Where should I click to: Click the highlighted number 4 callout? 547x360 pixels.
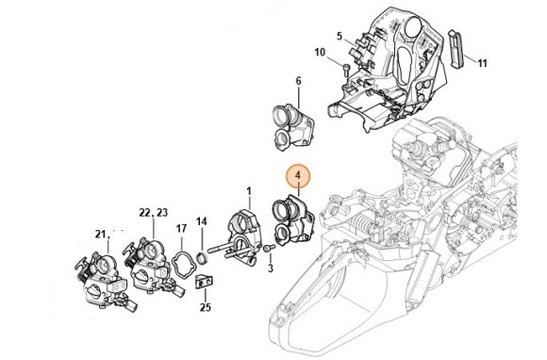pyautogui.click(x=298, y=176)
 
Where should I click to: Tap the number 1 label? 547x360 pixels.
pyautogui.click(x=249, y=191)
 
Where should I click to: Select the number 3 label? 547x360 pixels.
pyautogui.click(x=271, y=269)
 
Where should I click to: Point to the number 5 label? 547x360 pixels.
pyautogui.click(x=340, y=36)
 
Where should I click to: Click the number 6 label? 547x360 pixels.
pyautogui.click(x=298, y=81)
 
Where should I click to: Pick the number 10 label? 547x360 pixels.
pyautogui.click(x=320, y=53)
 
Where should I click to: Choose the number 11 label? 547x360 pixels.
pyautogui.click(x=482, y=63)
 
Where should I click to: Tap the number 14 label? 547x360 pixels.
pyautogui.click(x=201, y=221)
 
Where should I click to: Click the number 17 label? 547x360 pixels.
pyautogui.click(x=181, y=229)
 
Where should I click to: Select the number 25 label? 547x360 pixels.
pyautogui.click(x=206, y=307)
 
